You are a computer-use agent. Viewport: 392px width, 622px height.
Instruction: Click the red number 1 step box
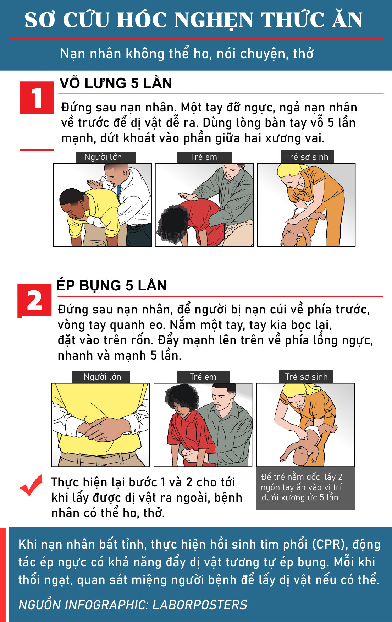click(36, 98)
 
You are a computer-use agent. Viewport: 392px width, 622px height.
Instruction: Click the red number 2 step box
click(34, 300)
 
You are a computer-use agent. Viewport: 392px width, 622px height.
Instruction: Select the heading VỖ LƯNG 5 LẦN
click(116, 83)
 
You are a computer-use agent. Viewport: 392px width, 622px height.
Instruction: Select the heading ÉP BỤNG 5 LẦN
click(112, 285)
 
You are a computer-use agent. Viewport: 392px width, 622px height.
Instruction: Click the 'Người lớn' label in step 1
click(103, 157)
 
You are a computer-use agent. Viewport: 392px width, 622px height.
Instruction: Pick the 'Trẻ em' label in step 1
click(204, 157)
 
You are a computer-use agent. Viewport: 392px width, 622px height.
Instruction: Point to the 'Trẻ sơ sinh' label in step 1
click(307, 157)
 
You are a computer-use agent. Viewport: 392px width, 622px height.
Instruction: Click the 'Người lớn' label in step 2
click(102, 377)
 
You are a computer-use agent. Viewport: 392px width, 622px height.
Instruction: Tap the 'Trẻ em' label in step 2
click(203, 377)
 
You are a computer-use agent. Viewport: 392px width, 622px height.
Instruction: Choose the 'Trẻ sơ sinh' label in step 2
click(307, 377)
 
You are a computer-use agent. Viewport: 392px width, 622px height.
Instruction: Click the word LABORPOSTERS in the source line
click(200, 605)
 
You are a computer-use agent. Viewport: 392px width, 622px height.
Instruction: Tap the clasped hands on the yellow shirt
click(103, 429)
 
